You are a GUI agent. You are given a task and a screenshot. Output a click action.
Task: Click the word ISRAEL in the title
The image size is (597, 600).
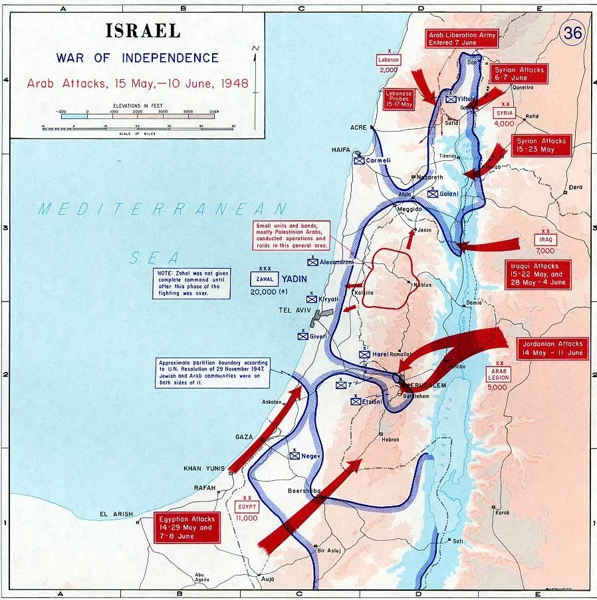point(142,31)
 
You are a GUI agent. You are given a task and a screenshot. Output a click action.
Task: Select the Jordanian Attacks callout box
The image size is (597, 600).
point(552,348)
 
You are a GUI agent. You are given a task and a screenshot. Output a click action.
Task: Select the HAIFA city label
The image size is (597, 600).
point(341,150)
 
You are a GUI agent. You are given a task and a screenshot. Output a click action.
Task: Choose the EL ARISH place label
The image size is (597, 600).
point(116,514)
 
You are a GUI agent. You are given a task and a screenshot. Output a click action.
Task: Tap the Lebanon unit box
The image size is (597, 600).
point(388,59)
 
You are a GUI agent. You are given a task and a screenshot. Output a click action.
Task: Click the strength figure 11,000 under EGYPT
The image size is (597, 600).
point(247,518)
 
